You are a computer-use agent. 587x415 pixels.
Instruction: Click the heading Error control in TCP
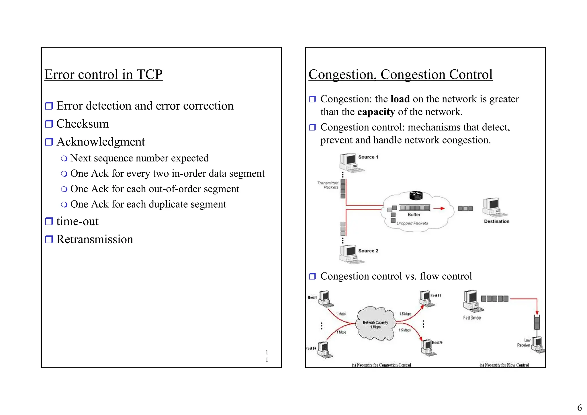103,75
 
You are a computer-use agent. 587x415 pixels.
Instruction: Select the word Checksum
83,124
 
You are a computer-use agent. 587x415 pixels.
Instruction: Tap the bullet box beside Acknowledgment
49,142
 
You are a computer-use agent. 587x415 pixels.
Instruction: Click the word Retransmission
95,239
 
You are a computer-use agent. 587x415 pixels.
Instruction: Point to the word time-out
77,221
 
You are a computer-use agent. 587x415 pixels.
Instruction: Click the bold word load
400,99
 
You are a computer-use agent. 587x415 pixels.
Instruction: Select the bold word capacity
376,112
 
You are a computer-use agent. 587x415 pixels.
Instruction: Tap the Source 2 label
368,251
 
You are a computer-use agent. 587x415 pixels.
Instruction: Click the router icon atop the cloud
416,196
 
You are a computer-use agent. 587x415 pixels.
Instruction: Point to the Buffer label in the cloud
414,215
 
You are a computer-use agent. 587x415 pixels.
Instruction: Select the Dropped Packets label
412,223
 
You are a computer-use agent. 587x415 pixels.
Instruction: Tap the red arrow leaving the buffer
439,208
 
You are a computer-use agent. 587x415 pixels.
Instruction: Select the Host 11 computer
426,298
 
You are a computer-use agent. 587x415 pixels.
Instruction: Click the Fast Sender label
472,318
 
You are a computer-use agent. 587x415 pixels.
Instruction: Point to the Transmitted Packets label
328,185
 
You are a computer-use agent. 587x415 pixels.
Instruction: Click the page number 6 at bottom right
579,408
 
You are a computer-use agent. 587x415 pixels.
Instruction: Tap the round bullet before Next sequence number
64,158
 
